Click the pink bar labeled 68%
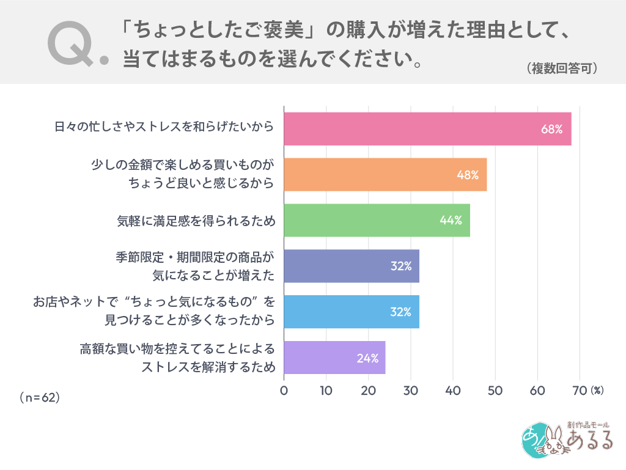[427, 129]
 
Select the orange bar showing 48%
[385, 175]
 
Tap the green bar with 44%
[377, 220]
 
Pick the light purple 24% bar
[334, 358]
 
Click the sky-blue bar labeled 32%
[352, 312]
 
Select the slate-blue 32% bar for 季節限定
[352, 266]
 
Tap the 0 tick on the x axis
[284, 391]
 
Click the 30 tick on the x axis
[411, 391]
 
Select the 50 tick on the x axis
[495, 391]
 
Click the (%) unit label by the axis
[597, 390]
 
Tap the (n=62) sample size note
[39, 397]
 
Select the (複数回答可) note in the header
[561, 68]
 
